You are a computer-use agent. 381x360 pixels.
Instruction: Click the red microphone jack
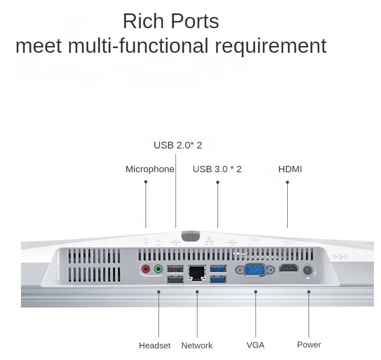(146, 269)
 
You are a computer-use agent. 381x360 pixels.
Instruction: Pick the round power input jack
(308, 270)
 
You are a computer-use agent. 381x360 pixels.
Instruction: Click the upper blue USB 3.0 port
(218, 268)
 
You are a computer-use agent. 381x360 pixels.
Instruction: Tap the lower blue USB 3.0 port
(218, 279)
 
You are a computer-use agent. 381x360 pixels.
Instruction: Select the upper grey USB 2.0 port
(175, 269)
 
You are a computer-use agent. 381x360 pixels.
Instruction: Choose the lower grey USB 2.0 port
(175, 279)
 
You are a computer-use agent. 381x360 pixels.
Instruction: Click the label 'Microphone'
(150, 169)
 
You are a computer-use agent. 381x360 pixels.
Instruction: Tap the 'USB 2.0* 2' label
(178, 145)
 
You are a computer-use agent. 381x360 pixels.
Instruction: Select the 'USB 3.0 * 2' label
(217, 169)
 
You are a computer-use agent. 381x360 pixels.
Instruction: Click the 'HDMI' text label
(290, 169)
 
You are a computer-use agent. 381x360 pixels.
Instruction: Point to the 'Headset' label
(155, 345)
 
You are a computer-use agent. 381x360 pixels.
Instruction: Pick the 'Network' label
(197, 345)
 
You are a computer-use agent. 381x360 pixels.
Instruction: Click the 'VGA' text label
(255, 345)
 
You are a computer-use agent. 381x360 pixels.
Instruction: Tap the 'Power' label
(309, 344)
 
